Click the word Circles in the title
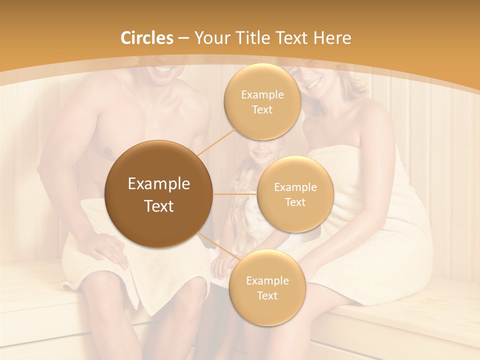pos(147,38)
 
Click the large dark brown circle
pos(158,194)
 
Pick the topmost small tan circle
pos(262,101)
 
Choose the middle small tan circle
pos(295,194)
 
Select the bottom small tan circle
pos(267,287)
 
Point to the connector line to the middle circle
pos(235,194)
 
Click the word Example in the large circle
pos(158,184)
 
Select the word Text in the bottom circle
pos(267,295)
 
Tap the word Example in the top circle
pos(262,94)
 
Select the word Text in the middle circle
pos(295,202)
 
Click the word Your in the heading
pos(209,38)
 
